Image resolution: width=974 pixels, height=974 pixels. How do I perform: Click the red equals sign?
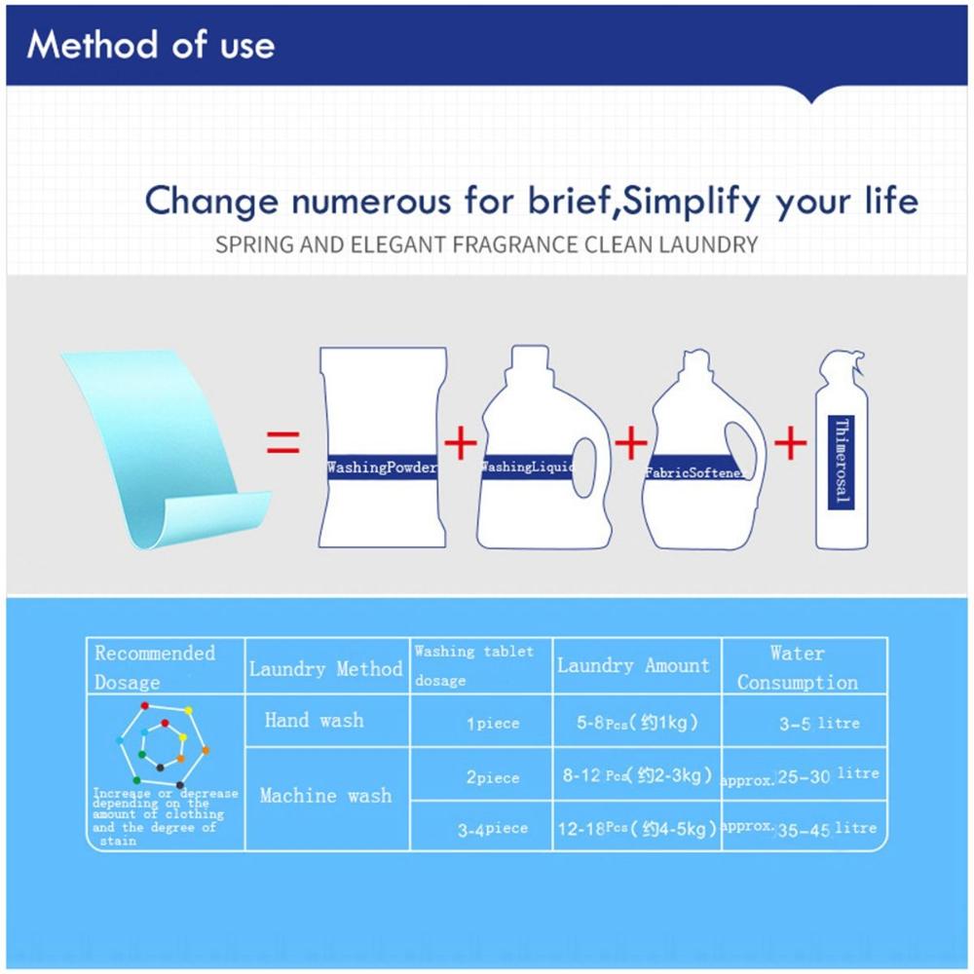coord(282,445)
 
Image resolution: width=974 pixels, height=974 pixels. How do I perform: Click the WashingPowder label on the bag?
coord(382,468)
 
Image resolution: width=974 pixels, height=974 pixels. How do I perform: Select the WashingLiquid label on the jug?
coord(526,468)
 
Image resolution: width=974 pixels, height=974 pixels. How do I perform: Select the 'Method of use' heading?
coord(151,45)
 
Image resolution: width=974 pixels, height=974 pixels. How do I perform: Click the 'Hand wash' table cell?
coord(314,721)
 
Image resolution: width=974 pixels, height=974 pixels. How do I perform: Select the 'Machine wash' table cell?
coord(325,796)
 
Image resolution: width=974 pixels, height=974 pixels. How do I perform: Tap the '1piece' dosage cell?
coord(492,724)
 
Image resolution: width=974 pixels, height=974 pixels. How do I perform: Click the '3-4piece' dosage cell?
coord(492,828)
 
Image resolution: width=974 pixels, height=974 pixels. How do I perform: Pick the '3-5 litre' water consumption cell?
coord(818,724)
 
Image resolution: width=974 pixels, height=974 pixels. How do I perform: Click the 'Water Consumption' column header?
coord(797,667)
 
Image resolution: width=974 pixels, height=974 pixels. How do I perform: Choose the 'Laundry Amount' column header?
coord(633,666)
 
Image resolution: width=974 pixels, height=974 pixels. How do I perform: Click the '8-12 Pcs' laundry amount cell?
coord(633,776)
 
